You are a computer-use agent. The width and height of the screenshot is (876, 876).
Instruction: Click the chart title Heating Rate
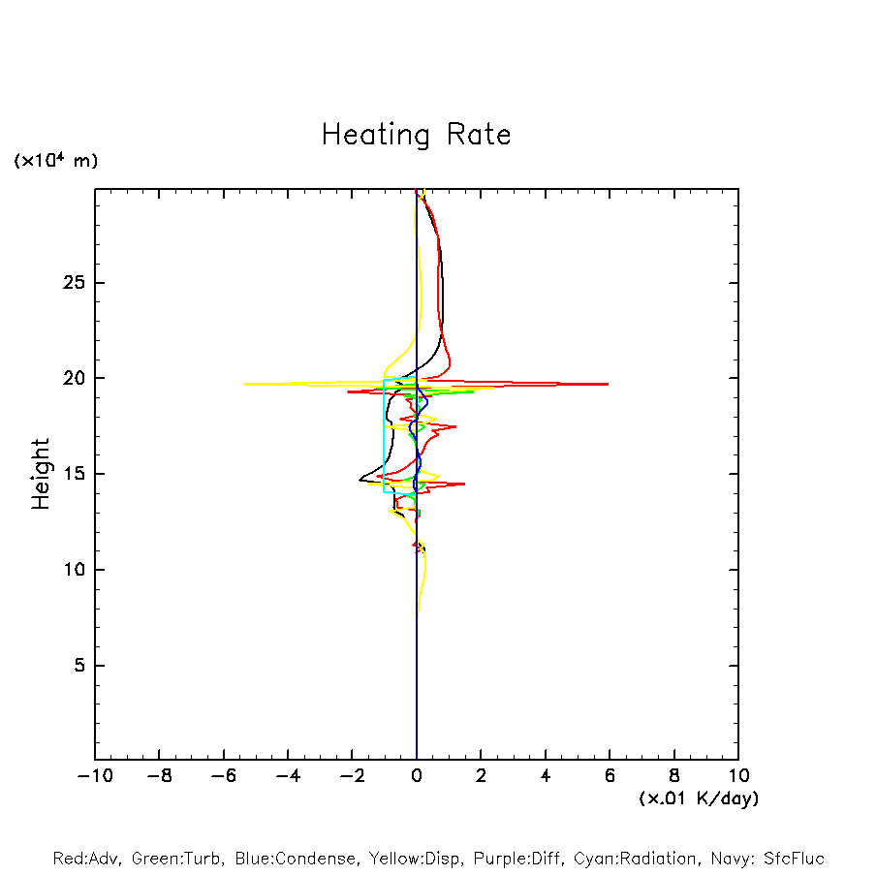coord(416,135)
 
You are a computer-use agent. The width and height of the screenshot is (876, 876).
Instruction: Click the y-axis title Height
coord(41,474)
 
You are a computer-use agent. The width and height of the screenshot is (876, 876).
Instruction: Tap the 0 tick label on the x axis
coord(417,775)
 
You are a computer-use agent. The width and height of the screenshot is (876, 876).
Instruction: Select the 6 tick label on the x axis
coord(610,775)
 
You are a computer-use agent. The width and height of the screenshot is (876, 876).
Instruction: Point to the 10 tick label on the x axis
coord(737,775)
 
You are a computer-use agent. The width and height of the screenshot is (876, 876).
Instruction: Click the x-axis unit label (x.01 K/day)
coord(698,798)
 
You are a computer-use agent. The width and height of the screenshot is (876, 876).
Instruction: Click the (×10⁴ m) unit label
coord(55,161)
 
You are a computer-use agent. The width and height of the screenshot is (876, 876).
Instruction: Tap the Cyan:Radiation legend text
coord(636,859)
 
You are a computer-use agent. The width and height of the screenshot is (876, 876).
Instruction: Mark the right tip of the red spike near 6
coord(608,385)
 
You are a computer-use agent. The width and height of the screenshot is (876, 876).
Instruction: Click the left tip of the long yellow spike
coord(244,384)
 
